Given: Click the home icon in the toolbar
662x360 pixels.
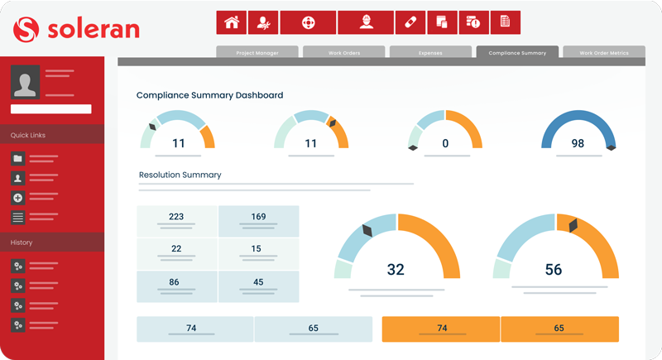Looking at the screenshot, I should (x=232, y=22).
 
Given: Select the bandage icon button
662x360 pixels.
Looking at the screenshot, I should (x=410, y=22).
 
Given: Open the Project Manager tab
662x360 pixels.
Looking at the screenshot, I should (x=257, y=53).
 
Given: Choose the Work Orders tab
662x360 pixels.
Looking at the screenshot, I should (x=343, y=53).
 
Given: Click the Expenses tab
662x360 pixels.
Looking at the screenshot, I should (x=430, y=53).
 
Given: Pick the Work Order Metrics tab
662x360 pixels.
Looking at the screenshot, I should (x=603, y=53).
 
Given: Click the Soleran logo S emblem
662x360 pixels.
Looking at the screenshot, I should (x=26, y=30).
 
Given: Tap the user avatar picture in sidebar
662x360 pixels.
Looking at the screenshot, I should (x=25, y=82).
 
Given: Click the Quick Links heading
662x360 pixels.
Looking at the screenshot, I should (x=28, y=135).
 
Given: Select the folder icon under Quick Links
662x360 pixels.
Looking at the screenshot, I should (x=18, y=158).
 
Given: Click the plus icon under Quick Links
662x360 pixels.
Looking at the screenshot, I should (x=18, y=198).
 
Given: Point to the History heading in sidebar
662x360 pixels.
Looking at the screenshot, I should (x=22, y=242).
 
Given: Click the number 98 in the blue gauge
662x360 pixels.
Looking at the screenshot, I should (x=578, y=143).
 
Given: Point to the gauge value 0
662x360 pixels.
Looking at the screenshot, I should (x=445, y=143).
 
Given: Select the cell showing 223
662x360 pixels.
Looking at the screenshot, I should (x=176, y=218).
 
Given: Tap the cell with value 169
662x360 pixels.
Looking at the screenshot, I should (x=258, y=218).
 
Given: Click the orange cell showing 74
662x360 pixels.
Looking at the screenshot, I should (x=442, y=329).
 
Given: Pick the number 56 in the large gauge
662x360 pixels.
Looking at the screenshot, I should (x=553, y=270).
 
